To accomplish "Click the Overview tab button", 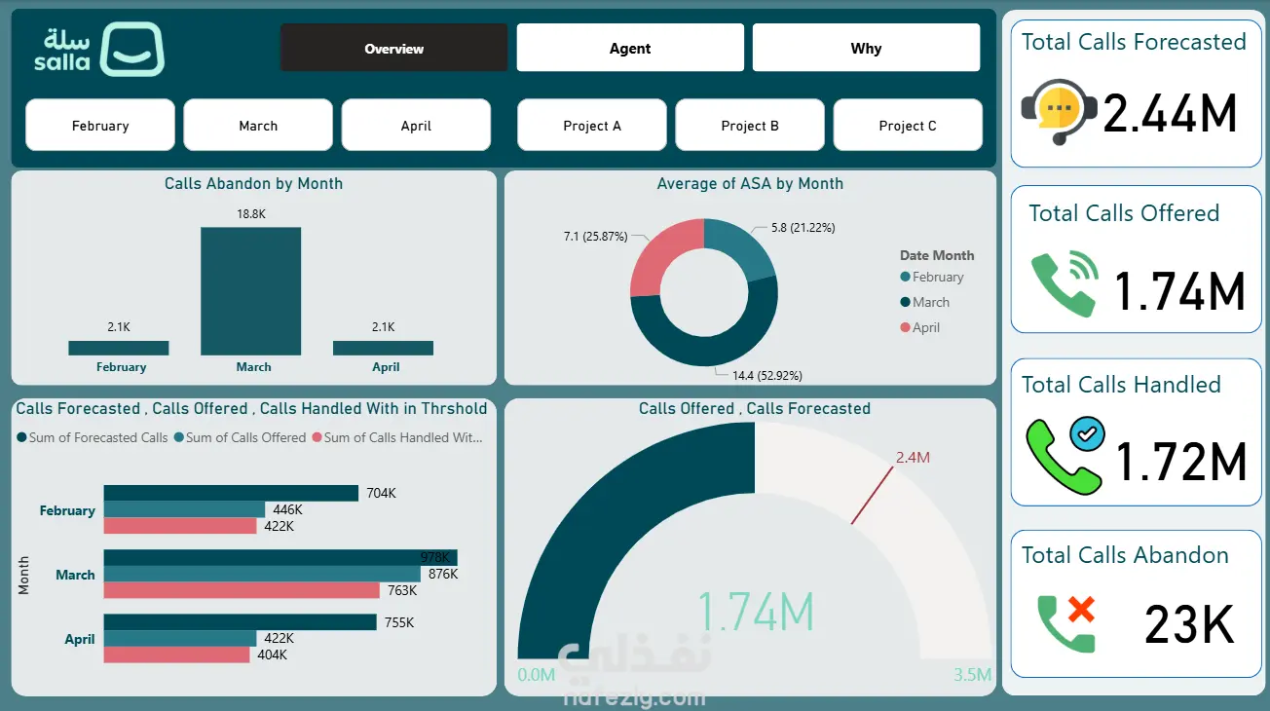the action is click(393, 48).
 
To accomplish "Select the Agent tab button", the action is click(630, 48).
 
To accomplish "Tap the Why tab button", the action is click(866, 48).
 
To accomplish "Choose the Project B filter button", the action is click(750, 126).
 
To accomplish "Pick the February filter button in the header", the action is click(99, 126).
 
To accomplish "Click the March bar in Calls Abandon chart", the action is click(250, 291).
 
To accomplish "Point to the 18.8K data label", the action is click(251, 213).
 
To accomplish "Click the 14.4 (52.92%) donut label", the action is click(767, 375).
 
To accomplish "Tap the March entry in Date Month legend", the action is click(924, 302).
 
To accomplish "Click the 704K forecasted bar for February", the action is click(231, 493).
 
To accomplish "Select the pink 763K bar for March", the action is click(242, 590).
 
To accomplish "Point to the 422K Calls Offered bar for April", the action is click(180, 638).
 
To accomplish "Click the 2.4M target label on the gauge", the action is click(913, 458).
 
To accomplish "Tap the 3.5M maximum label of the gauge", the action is click(972, 675).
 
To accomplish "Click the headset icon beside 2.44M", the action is click(1059, 112).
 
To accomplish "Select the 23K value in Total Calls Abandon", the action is click(1189, 624).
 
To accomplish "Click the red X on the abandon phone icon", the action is click(1082, 611).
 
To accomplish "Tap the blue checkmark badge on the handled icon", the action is click(1088, 434).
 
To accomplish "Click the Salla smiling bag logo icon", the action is click(132, 49).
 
